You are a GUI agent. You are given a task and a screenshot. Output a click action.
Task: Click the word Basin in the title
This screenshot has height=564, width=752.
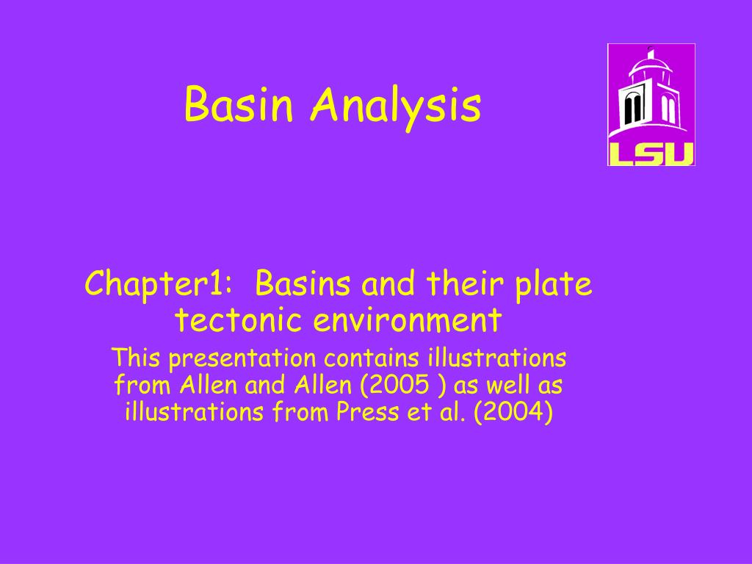pos(238,104)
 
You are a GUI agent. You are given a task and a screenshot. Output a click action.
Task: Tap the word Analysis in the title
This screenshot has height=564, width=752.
pos(395,107)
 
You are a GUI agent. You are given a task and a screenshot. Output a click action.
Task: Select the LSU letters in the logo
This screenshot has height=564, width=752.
pos(651,153)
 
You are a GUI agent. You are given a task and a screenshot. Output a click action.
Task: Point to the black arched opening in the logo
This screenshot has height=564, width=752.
pos(633,109)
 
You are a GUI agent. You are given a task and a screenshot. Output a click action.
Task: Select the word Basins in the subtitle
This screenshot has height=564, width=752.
pos(303,284)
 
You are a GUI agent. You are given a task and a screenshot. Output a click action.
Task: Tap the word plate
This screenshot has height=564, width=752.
pos(554,286)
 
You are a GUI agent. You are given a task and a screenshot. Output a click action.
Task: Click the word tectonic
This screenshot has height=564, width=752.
pos(238,320)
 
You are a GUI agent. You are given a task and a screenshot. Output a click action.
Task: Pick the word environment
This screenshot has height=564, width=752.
pos(408,320)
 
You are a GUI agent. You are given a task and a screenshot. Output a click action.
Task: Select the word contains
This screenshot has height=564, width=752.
pos(372,358)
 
